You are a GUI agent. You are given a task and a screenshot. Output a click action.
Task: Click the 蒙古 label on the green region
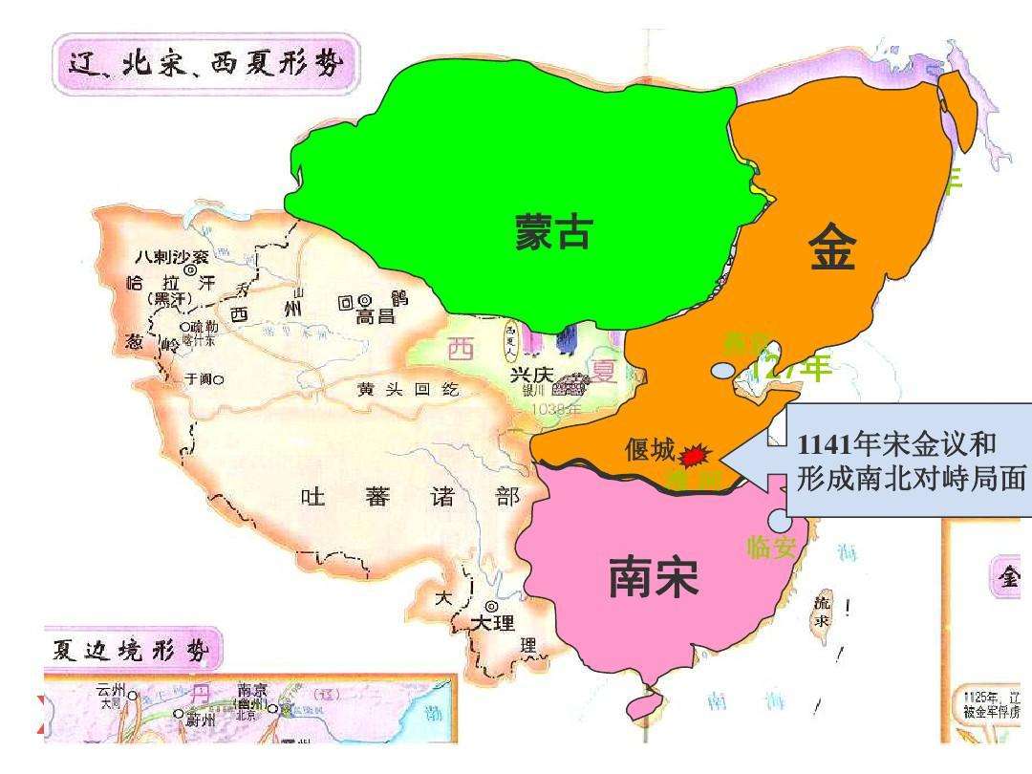pyautogui.click(x=553, y=232)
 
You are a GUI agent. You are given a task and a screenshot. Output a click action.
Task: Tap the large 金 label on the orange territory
pyautogui.click(x=831, y=251)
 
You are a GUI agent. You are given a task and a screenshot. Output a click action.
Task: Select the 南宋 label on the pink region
pyautogui.click(x=654, y=577)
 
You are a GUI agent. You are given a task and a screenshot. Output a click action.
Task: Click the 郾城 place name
pyautogui.click(x=650, y=449)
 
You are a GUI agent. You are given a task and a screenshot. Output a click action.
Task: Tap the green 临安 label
pyautogui.click(x=771, y=547)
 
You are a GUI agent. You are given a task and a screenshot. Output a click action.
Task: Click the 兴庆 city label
pyautogui.click(x=531, y=376)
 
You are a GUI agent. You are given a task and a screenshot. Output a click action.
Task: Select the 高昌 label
pyautogui.click(x=376, y=316)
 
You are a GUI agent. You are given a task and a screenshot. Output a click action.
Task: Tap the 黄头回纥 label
pyautogui.click(x=395, y=389)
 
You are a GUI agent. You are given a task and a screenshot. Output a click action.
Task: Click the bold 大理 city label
pyautogui.click(x=492, y=623)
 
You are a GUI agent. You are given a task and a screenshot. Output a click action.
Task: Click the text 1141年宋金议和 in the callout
pyautogui.click(x=896, y=444)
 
